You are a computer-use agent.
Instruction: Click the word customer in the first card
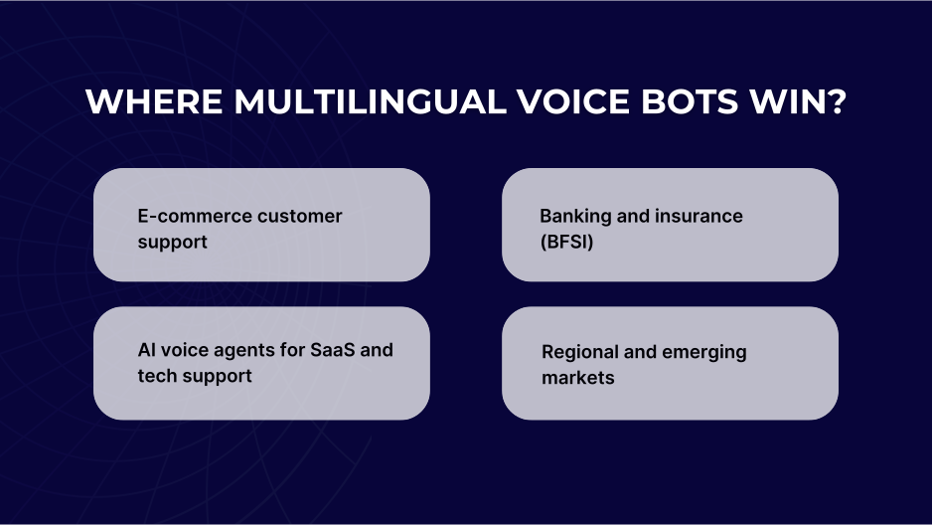(x=302, y=216)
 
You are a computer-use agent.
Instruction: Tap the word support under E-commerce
(x=173, y=242)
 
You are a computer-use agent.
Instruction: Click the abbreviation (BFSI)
(x=566, y=242)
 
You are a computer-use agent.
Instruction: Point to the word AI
(x=148, y=351)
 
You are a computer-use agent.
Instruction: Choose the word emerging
(x=709, y=352)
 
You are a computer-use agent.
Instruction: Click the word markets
(x=578, y=378)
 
